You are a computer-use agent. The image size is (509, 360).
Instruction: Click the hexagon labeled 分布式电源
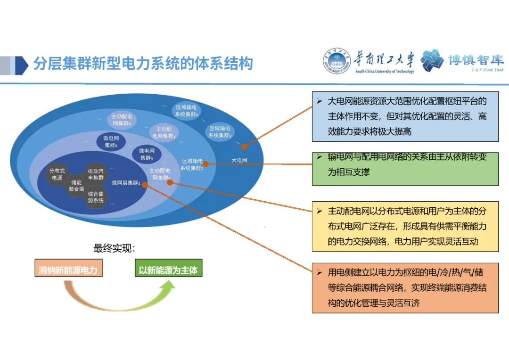click(57, 174)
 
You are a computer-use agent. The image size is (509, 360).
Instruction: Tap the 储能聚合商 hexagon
click(76, 185)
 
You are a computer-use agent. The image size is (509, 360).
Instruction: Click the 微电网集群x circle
click(111, 141)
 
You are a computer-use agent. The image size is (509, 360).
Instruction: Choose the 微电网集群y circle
click(146, 155)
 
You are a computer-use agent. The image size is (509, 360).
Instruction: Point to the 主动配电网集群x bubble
click(121, 120)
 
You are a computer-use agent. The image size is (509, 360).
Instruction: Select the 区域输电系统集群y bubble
click(220, 131)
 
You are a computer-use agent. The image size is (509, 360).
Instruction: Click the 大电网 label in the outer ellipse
click(239, 160)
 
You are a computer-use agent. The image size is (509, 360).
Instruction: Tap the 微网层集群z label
click(125, 183)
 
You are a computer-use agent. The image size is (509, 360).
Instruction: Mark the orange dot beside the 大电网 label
click(244, 147)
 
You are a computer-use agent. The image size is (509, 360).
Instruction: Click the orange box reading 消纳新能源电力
click(68, 270)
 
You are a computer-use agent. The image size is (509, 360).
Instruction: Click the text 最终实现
click(114, 248)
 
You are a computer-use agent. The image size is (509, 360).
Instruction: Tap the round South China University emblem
click(337, 61)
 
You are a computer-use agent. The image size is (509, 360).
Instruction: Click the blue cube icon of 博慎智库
click(432, 61)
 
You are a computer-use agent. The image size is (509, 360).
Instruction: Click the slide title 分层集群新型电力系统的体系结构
click(142, 64)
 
